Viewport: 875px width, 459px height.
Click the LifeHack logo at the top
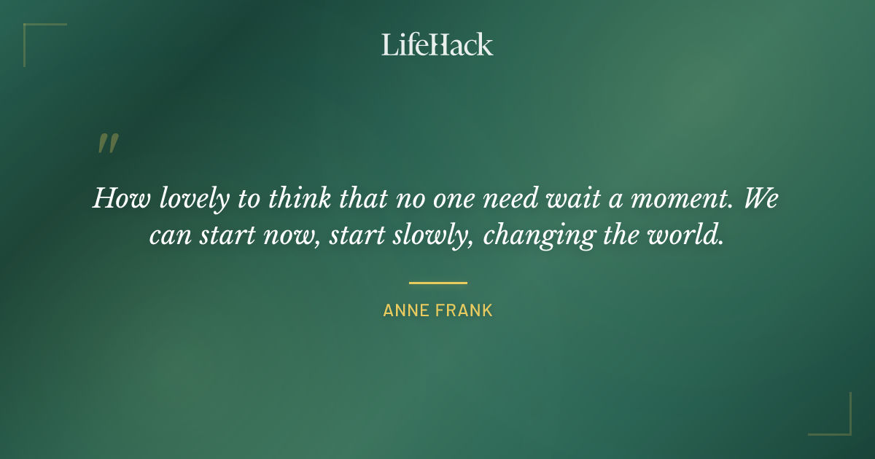coord(437,44)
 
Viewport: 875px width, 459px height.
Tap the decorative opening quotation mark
coord(107,144)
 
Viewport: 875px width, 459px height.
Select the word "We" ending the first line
coord(761,199)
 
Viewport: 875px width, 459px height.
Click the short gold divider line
coord(437,283)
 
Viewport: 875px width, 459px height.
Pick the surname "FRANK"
coord(466,310)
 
